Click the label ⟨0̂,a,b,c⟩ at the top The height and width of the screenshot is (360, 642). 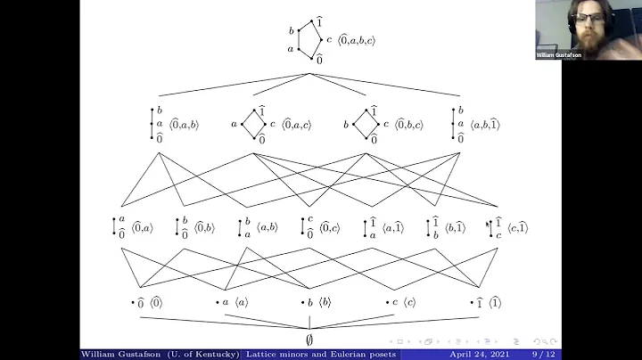click(358, 39)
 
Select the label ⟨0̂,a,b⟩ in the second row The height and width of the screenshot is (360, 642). click(184, 125)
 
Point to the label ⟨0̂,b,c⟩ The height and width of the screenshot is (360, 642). click(411, 125)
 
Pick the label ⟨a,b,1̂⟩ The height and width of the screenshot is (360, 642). click(483, 125)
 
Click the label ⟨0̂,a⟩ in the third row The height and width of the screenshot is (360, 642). click(143, 228)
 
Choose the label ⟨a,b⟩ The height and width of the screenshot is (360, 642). click(268, 228)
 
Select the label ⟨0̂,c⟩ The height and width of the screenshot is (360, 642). click(331, 228)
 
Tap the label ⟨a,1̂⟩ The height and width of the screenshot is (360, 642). click(393, 228)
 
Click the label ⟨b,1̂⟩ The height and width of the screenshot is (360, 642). click(456, 228)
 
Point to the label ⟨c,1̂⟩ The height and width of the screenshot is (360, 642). click(517, 228)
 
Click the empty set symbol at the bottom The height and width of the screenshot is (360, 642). click(309, 340)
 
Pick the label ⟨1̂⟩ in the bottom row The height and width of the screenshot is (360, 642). click(494, 303)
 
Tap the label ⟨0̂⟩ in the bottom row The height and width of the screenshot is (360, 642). click(156, 303)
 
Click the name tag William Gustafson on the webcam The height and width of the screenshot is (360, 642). click(559, 54)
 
